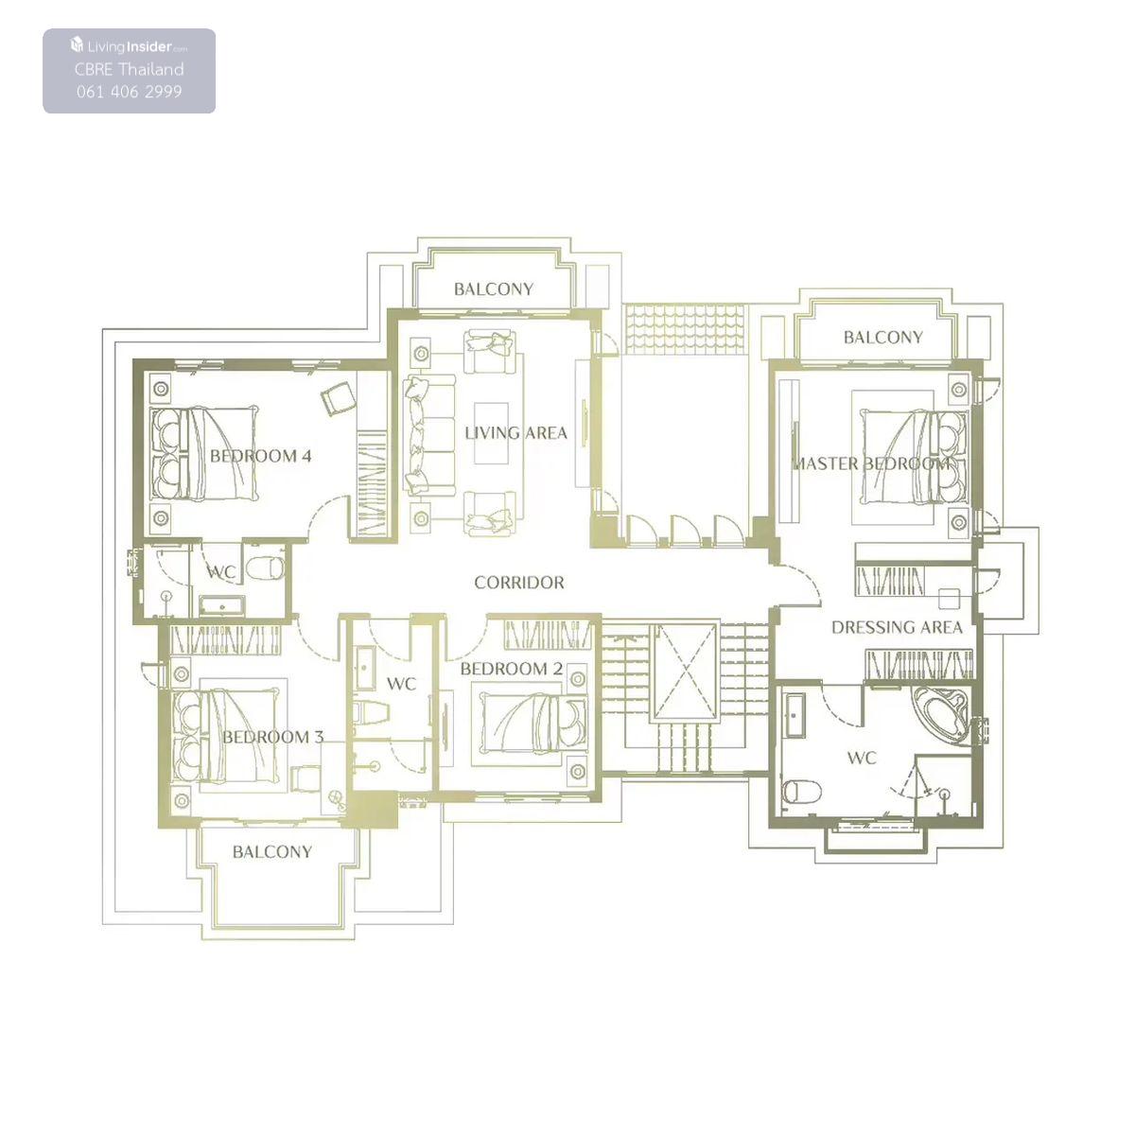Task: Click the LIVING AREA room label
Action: (515, 433)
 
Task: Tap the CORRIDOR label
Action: (519, 583)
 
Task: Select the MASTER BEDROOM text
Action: (871, 463)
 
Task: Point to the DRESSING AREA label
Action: (897, 627)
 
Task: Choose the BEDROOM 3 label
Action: (273, 737)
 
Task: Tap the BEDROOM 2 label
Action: (511, 669)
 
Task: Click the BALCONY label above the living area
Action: (494, 288)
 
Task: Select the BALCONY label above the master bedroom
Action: (882, 337)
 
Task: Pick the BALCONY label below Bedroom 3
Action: (272, 851)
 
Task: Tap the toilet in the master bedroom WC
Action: (802, 790)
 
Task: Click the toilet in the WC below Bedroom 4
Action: (264, 568)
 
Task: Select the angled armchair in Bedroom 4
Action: (339, 397)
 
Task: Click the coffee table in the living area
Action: (491, 433)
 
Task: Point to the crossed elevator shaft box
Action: (684, 672)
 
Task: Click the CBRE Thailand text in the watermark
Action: (129, 69)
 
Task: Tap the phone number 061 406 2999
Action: (129, 92)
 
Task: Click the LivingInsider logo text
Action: (129, 45)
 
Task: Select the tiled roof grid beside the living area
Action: (685, 329)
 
